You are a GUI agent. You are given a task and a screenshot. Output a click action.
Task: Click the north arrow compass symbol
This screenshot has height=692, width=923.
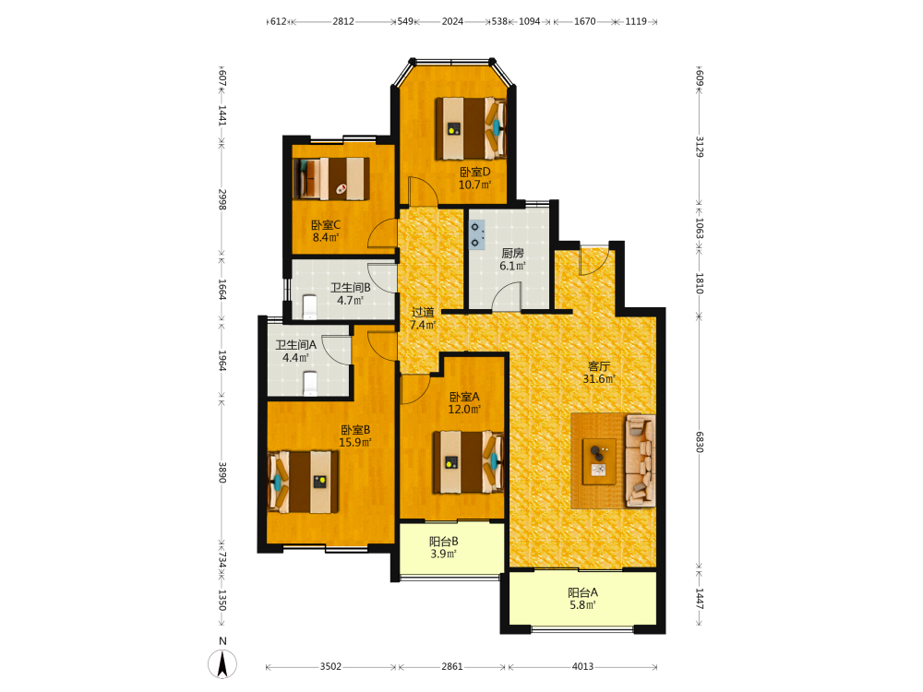(x=222, y=664)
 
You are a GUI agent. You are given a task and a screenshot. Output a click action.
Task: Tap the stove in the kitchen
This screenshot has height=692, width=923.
(x=477, y=234)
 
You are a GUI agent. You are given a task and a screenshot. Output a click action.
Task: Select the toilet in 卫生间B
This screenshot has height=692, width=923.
(x=309, y=307)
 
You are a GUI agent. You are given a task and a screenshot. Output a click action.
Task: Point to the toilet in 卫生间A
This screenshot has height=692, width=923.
(x=309, y=383)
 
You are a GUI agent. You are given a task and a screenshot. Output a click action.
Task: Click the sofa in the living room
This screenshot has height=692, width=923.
(x=640, y=460)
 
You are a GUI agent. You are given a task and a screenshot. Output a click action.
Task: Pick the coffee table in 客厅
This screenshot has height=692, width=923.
(x=599, y=462)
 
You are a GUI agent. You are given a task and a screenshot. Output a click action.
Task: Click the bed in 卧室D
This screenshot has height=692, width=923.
(x=471, y=129)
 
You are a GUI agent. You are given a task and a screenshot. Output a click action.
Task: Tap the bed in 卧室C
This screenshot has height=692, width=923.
(x=331, y=178)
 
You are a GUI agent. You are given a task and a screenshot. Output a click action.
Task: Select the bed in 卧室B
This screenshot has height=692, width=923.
(x=303, y=482)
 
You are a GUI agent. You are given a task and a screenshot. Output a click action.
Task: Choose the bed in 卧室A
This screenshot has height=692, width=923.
(x=468, y=462)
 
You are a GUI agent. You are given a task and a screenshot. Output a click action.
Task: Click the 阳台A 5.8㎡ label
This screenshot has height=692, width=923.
(x=582, y=599)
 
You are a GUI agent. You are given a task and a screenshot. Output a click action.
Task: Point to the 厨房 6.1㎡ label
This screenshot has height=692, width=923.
(x=512, y=259)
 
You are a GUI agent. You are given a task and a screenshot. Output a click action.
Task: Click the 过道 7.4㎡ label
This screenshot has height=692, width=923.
(x=423, y=318)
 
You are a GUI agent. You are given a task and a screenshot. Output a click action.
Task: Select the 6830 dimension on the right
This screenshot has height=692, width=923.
(x=700, y=442)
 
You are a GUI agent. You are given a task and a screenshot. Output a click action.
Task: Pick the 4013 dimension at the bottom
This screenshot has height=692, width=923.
(x=582, y=667)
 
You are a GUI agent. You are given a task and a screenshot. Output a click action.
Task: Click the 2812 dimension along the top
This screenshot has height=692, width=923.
(x=343, y=22)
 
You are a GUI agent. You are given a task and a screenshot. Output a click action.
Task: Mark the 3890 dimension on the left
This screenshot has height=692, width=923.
(x=222, y=472)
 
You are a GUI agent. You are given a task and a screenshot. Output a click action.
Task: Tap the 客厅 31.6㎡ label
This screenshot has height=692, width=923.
(x=599, y=373)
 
